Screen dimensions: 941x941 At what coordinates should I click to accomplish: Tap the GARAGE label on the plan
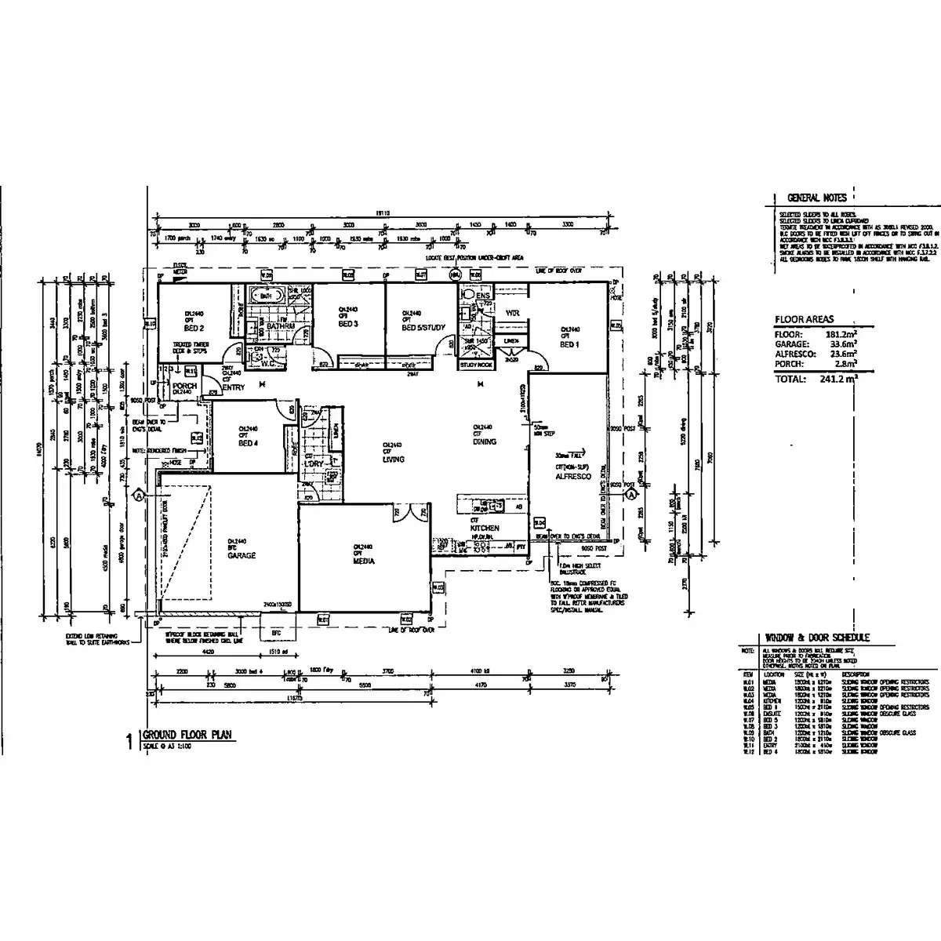tap(238, 554)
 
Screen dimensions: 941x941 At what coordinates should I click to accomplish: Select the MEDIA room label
tap(364, 561)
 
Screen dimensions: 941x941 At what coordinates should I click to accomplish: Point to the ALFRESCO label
tap(572, 476)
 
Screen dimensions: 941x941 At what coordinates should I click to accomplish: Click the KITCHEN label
tap(485, 529)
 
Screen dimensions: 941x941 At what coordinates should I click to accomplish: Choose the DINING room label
tap(485, 442)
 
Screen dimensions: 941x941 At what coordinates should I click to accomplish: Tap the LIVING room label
tap(393, 460)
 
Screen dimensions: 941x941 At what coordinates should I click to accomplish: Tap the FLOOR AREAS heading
tap(804, 320)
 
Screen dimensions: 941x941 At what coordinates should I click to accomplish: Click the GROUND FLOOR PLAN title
tap(187, 735)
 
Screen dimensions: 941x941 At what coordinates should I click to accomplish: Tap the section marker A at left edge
tap(139, 496)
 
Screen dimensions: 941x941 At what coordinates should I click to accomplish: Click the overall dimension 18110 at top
tap(382, 213)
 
